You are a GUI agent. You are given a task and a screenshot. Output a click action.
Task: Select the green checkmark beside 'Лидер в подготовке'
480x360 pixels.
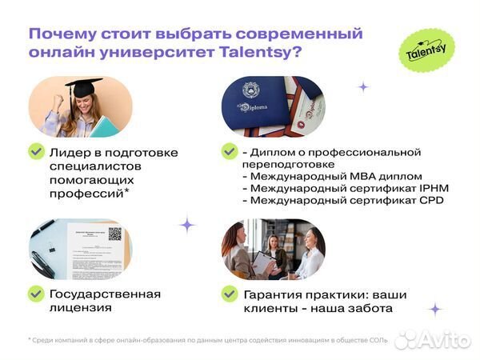[36, 151]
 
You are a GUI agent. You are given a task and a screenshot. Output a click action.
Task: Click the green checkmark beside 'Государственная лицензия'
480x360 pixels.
[36, 294]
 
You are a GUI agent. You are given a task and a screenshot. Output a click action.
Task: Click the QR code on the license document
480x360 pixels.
[114, 234]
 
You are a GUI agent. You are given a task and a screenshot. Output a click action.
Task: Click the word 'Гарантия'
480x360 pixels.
[275, 294]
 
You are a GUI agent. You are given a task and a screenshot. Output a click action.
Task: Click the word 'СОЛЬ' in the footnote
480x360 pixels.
[377, 340]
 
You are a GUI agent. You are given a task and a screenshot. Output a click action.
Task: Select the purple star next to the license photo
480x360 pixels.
[186, 225]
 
